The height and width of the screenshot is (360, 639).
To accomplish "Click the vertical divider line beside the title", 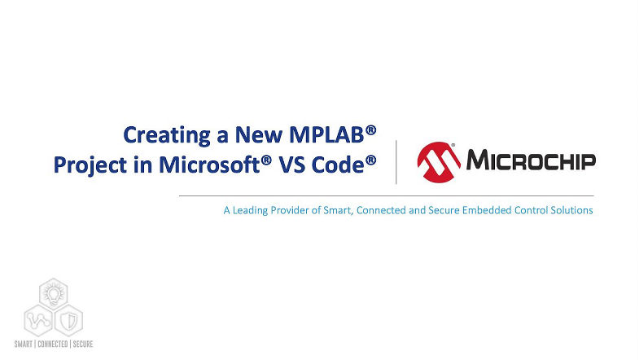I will [396, 161].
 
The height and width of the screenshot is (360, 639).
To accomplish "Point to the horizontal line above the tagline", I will [386, 196].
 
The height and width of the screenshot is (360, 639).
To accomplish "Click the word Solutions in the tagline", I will [570, 211].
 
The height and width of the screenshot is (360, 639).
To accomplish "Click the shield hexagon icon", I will [70, 318].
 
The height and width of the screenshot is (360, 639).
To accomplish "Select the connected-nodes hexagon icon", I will [38, 318].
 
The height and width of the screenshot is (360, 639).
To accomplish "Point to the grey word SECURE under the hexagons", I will [82, 345].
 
